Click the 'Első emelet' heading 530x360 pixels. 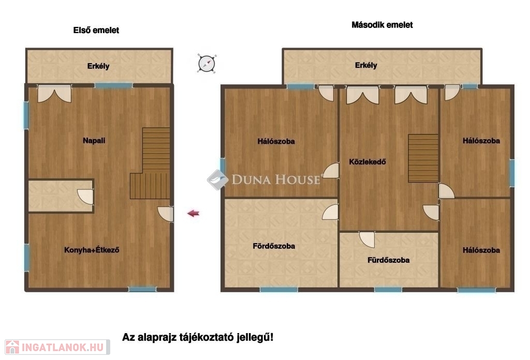point(96,31)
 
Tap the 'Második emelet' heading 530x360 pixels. point(382,25)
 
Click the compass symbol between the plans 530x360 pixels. point(207,64)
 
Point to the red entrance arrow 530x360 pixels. point(194,214)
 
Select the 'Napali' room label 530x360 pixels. point(94,141)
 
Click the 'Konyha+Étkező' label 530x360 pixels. point(92,250)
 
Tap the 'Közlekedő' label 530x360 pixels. point(367,162)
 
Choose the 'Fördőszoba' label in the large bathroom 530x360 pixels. point(274,246)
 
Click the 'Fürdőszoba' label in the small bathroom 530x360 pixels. point(388,260)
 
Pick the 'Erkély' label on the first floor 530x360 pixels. point(98,66)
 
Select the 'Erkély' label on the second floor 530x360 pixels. point(366,65)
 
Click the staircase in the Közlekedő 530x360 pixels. point(423,158)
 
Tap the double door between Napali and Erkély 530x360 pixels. point(54,94)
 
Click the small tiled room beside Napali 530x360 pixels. point(61,196)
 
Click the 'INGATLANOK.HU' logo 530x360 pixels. point(57,347)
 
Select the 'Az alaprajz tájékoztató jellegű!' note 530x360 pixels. point(198,337)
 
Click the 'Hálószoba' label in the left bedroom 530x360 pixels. point(276,142)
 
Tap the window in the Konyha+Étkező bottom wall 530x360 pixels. point(142,289)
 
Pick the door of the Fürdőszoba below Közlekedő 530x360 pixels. point(367,239)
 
